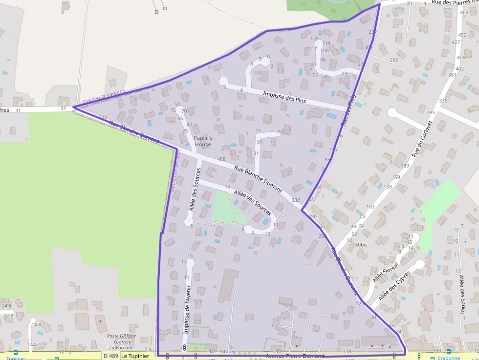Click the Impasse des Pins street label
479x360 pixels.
(x=284, y=96)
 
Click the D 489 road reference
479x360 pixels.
(x=111, y=356)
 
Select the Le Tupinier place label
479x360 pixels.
(x=135, y=356)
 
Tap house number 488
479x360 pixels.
(x=221, y=159)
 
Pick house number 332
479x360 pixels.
(x=296, y=200)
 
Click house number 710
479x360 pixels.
(x=103, y=117)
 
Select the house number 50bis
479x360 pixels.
(x=361, y=245)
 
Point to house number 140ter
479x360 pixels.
(x=227, y=352)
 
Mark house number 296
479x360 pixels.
(x=394, y=60)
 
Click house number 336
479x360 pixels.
(x=443, y=101)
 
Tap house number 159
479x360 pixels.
(x=396, y=177)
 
